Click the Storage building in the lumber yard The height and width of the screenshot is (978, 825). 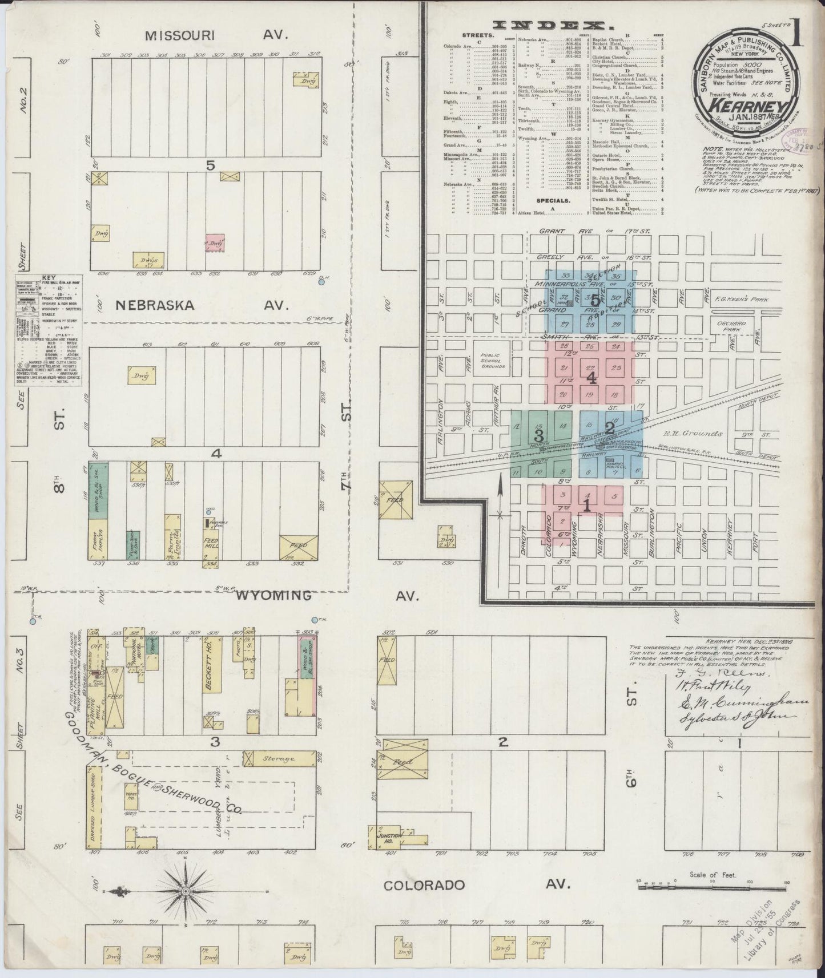coord(278,758)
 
